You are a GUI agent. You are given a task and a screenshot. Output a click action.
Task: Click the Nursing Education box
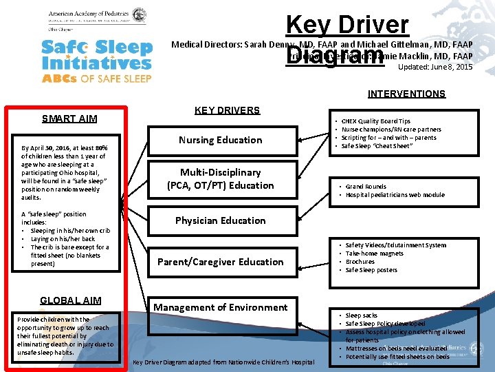pyautogui.click(x=220, y=140)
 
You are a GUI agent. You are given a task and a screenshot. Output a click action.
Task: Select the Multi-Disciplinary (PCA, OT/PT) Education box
pyautogui.click(x=220, y=178)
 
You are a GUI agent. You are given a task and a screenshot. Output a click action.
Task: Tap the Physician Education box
pyautogui.click(x=220, y=220)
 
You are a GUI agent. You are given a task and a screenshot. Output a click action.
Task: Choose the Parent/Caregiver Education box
pyautogui.click(x=220, y=262)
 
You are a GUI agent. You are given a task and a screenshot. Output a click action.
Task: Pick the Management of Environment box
pyautogui.click(x=220, y=307)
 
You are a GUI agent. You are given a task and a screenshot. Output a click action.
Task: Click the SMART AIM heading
pyautogui.click(x=69, y=118)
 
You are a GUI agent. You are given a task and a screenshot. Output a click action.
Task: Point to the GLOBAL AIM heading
pyautogui.click(x=71, y=300)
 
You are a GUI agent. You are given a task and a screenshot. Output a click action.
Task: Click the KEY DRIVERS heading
pyautogui.click(x=227, y=110)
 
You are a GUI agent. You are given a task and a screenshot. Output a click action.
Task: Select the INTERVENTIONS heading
pyautogui.click(x=406, y=94)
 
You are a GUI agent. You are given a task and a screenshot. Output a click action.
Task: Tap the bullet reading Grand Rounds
pyautogui.click(x=366, y=187)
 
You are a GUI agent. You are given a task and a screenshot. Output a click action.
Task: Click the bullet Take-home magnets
pyautogui.click(x=375, y=254)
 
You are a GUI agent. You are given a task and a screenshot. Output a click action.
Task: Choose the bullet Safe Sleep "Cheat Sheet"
pyautogui.click(x=376, y=146)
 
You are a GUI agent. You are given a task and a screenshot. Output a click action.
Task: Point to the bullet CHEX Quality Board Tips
pyautogui.click(x=375, y=121)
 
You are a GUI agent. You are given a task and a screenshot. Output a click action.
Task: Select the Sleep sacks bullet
pyautogui.click(x=361, y=316)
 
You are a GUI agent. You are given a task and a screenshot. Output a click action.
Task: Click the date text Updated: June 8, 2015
pyautogui.click(x=435, y=67)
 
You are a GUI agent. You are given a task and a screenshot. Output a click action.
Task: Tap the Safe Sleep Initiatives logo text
pyautogui.click(x=96, y=55)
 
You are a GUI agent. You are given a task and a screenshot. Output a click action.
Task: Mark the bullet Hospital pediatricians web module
pyautogui.click(x=395, y=195)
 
